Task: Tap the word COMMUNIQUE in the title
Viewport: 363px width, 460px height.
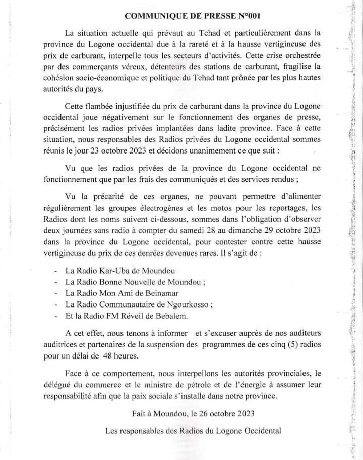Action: coord(153,16)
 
